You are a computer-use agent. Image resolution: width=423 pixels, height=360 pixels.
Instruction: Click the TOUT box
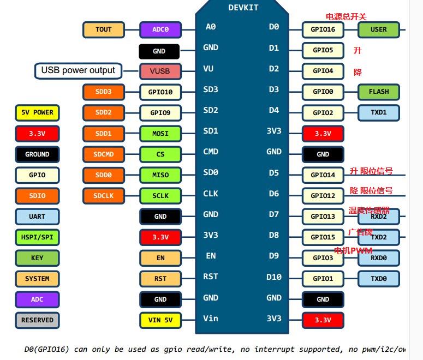[x=104, y=29]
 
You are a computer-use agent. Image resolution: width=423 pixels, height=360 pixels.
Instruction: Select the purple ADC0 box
[x=160, y=29]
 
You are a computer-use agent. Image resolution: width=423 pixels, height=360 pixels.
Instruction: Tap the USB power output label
[x=78, y=70]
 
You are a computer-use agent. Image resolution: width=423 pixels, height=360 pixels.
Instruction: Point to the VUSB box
[x=160, y=71]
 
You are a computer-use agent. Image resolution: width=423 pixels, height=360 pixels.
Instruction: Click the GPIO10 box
[x=160, y=92]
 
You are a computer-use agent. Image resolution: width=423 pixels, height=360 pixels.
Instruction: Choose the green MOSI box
[x=160, y=134]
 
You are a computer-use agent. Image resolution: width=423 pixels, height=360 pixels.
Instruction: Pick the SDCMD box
[x=104, y=154]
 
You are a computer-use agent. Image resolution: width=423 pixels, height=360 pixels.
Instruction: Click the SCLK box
[x=160, y=196]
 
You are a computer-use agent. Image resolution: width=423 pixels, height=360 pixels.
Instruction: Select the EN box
[x=160, y=258]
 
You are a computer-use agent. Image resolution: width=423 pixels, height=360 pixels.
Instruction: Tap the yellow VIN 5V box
[x=160, y=320]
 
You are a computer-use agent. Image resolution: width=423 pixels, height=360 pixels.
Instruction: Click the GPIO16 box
[x=323, y=29]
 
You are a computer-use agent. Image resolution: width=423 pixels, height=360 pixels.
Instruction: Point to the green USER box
[x=378, y=29]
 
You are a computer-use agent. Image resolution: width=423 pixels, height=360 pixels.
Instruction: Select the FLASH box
[x=378, y=92]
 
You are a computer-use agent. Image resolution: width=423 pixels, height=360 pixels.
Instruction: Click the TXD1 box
[x=378, y=113]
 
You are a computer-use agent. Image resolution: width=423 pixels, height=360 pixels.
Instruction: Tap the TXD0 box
[x=378, y=279]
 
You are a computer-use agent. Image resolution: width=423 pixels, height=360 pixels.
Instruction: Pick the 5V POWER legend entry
[x=37, y=113]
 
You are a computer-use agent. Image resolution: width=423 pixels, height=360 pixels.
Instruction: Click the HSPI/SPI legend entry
[x=37, y=237]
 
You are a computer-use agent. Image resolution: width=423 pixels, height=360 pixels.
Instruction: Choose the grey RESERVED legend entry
[x=37, y=320]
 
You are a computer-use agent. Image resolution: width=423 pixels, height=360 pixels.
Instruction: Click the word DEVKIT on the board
[x=243, y=8]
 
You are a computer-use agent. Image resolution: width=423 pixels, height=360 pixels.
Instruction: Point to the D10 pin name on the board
[x=273, y=277]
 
